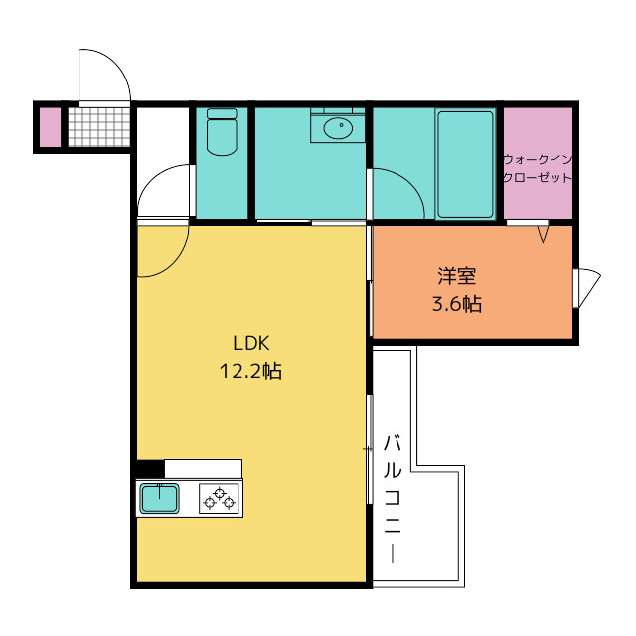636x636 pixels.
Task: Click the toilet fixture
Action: point(222,132)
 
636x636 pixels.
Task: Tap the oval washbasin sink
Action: point(338,128)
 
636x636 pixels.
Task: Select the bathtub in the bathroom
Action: point(466,164)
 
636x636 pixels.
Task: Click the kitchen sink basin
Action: point(159,498)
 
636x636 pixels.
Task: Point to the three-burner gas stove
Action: point(219,499)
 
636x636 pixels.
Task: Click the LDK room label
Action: point(251,344)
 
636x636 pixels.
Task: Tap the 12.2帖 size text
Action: point(250,371)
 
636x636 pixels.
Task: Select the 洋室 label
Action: point(457,276)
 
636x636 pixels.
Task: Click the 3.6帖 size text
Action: point(457,304)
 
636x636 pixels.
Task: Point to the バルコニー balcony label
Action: point(393,499)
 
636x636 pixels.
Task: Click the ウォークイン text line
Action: point(538,159)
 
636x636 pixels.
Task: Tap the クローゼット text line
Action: point(538,177)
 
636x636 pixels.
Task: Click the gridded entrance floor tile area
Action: point(99,127)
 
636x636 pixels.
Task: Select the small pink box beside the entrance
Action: point(50,127)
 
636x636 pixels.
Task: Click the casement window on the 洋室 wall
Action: point(586,288)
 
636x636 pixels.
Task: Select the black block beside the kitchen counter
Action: point(150,469)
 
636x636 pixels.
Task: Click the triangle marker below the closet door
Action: point(544,235)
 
